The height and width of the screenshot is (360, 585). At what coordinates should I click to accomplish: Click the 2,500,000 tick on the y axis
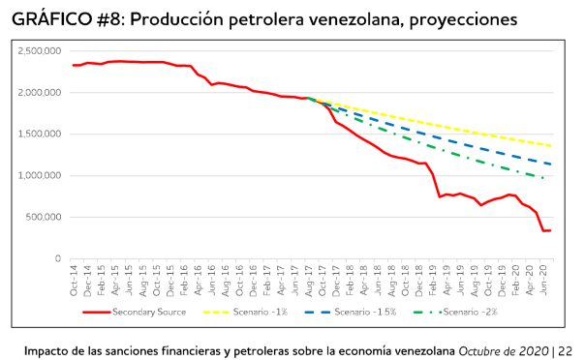(x=41, y=51)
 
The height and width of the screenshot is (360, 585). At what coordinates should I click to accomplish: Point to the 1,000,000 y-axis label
(x=41, y=176)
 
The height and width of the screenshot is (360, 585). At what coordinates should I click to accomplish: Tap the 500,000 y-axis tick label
(x=45, y=218)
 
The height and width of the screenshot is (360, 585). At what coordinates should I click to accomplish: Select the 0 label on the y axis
(x=58, y=259)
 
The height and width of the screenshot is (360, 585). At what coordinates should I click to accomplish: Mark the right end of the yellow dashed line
(x=552, y=146)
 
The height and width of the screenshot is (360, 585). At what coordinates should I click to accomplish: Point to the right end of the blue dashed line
(x=552, y=164)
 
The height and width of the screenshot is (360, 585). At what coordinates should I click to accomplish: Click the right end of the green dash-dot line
(x=545, y=178)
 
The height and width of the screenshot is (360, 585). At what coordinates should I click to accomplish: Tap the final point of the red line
(x=551, y=230)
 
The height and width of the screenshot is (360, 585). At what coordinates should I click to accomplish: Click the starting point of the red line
(x=74, y=65)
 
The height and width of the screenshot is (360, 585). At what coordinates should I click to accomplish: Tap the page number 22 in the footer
(x=565, y=349)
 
